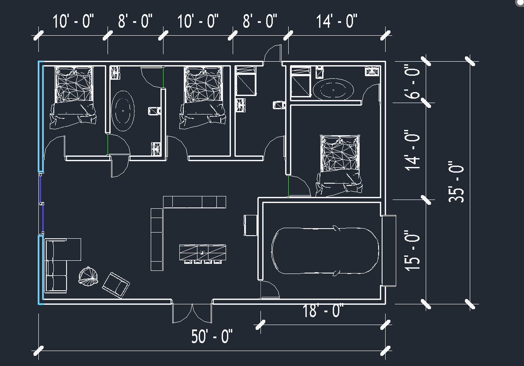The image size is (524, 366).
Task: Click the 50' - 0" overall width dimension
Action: click(212, 337)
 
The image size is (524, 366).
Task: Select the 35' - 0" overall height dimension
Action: click(457, 182)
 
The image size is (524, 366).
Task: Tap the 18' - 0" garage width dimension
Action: click(323, 312)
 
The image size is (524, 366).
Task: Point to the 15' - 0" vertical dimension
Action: click(413, 251)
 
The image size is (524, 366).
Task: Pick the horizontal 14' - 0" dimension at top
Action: click(336, 21)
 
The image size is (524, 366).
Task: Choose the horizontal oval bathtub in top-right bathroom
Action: click(333, 89)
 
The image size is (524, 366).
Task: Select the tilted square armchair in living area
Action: click(116, 284)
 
